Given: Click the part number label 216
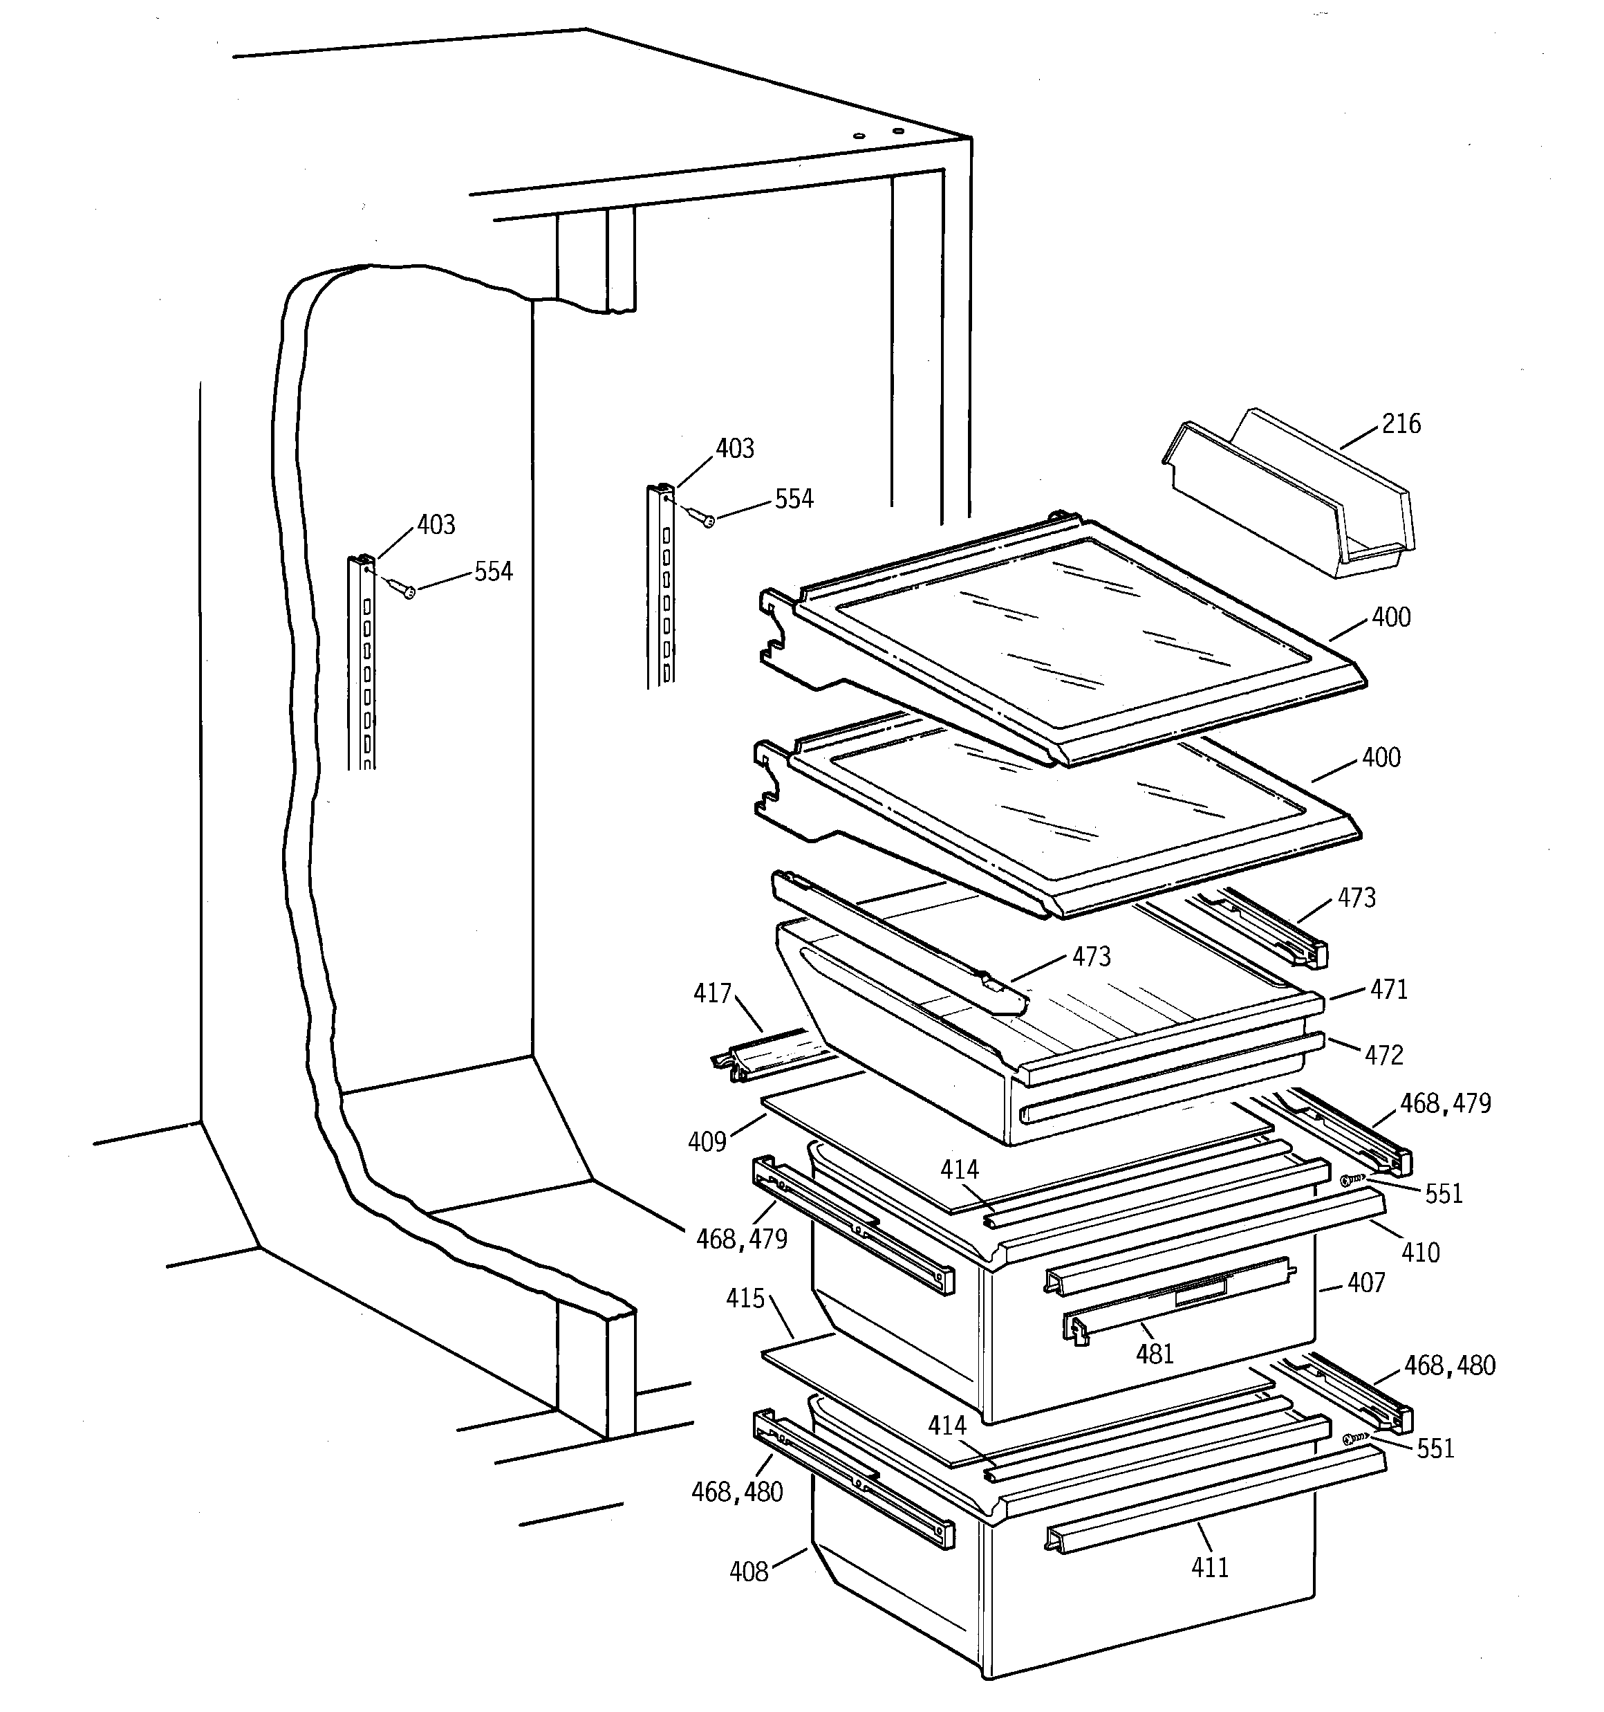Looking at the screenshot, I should [1401, 424].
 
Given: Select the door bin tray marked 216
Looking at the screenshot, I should [1291, 499].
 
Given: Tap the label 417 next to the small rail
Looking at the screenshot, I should [712, 994].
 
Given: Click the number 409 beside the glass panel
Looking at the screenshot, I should [707, 1142].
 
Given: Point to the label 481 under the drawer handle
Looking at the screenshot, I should [1155, 1354].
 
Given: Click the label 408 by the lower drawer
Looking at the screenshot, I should [748, 1572].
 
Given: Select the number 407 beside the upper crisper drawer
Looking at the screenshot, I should [1366, 1282].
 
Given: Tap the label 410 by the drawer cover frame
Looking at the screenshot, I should [1420, 1252].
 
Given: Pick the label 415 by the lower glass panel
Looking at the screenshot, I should [745, 1298].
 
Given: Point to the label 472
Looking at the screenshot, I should [1383, 1055].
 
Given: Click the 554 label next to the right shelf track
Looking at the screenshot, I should [793, 499].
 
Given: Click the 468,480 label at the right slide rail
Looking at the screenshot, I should [1449, 1365].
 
